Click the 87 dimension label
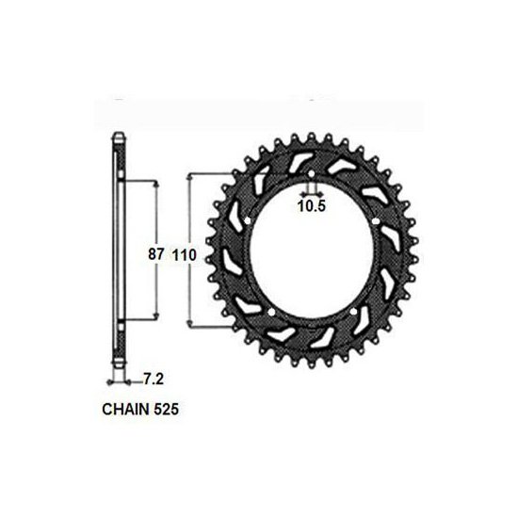pos(156,254)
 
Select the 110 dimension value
pos(185,255)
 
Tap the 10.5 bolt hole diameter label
pos(312,206)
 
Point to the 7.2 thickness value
pos(154,380)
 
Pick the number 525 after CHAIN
pos(166,410)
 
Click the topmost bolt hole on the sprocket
pos(311,174)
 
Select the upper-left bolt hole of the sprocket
pos(248,220)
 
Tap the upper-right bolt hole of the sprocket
pos(375,221)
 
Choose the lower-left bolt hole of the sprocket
pos(271,312)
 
